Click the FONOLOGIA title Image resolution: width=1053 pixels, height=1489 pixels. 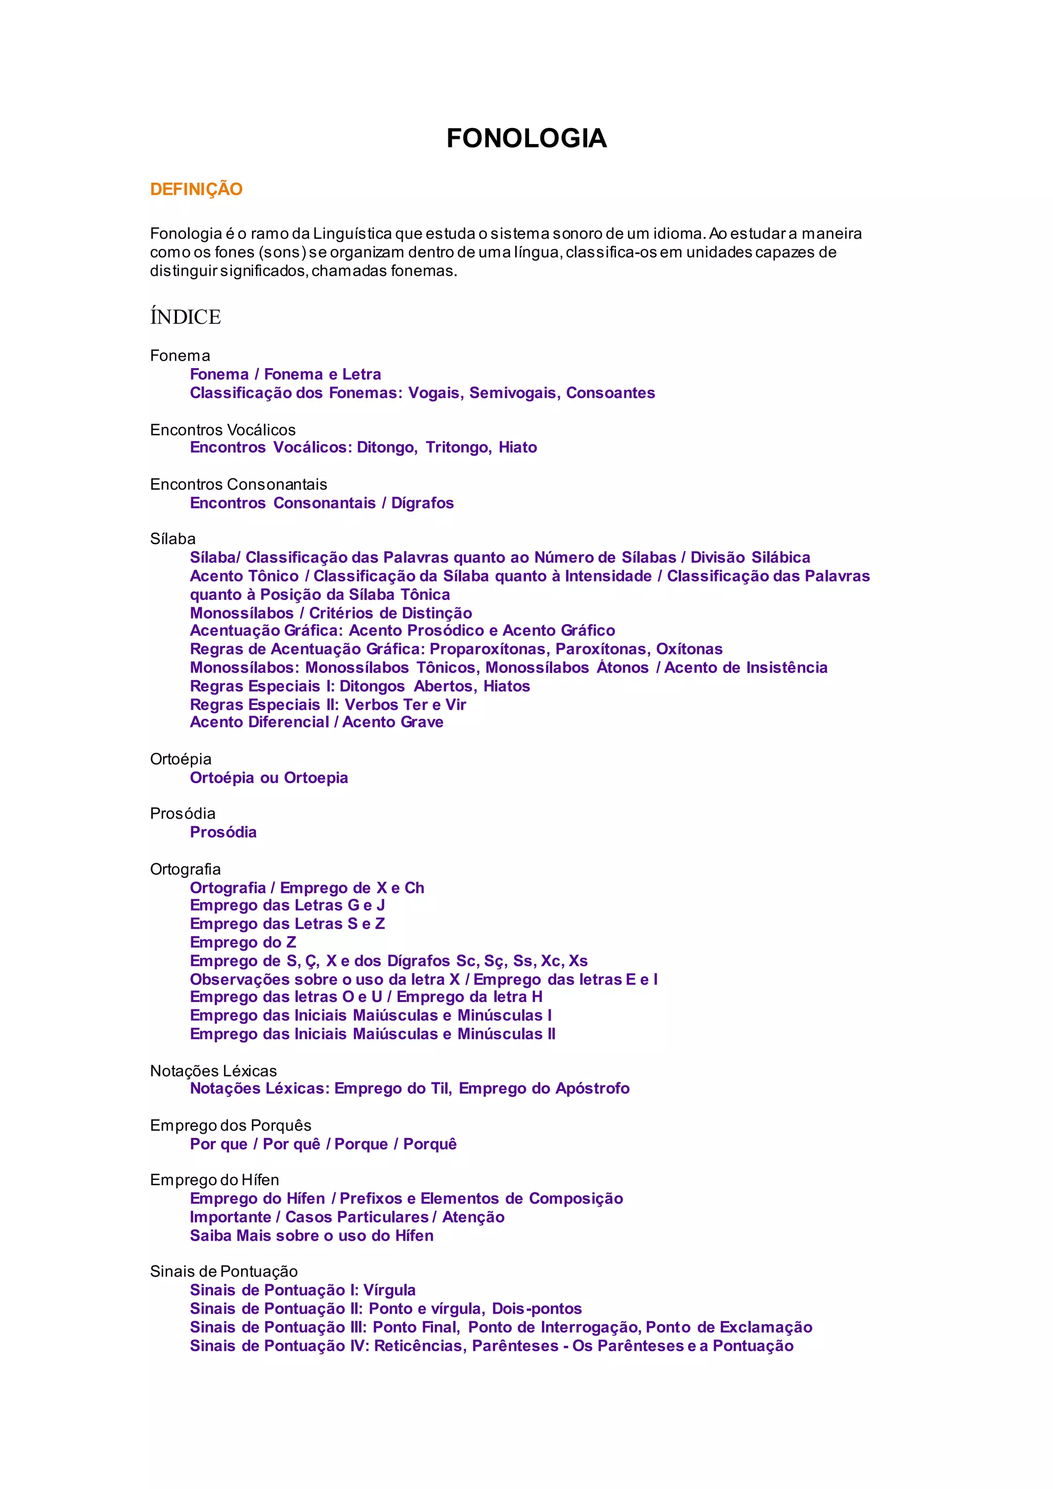(526, 138)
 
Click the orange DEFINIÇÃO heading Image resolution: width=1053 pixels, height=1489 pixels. (196, 189)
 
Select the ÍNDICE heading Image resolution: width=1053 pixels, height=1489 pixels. (186, 317)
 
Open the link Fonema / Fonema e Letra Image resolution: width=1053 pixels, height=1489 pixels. (285, 374)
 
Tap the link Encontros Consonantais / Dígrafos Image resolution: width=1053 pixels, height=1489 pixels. (321, 503)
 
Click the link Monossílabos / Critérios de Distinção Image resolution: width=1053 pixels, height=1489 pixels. (331, 613)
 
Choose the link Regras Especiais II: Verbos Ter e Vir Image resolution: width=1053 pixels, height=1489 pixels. (328, 704)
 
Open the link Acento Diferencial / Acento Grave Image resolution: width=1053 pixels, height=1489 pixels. (316, 722)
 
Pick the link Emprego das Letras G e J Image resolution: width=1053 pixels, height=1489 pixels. (287, 905)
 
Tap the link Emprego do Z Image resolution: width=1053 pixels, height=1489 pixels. (243, 942)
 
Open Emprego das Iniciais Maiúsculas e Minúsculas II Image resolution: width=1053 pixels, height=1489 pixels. (372, 1034)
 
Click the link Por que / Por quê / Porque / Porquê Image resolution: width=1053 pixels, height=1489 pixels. (323, 1144)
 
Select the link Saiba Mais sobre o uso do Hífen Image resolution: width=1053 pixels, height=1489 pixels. (311, 1236)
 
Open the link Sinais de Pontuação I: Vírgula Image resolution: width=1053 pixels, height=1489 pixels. (302, 1290)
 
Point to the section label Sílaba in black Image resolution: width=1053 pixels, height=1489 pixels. (172, 539)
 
